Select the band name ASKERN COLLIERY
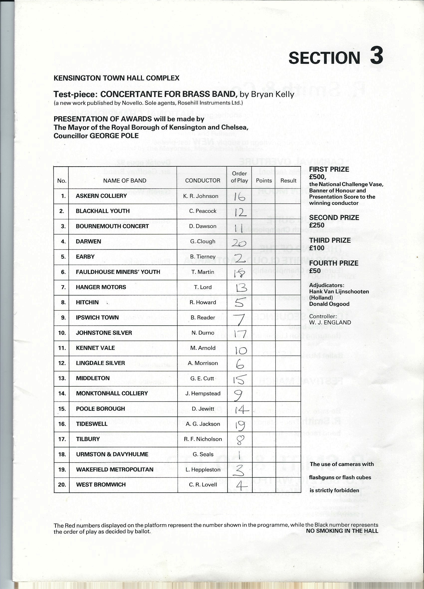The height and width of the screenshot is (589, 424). [101, 196]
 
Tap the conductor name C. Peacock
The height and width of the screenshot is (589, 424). [203, 211]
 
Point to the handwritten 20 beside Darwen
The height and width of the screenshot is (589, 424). [238, 243]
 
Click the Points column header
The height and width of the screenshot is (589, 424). [264, 180]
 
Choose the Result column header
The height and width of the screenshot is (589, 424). [288, 180]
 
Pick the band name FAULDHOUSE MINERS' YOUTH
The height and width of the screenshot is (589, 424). [118, 272]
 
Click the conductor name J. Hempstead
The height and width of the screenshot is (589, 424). [203, 393]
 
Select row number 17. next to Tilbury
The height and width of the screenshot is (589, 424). [62, 439]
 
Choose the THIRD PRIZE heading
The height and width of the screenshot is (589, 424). [330, 240]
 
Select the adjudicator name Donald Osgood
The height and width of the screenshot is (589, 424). [329, 304]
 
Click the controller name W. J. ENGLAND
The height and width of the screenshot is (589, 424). [330, 323]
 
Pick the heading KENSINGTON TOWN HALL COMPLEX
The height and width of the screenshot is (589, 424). [116, 78]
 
